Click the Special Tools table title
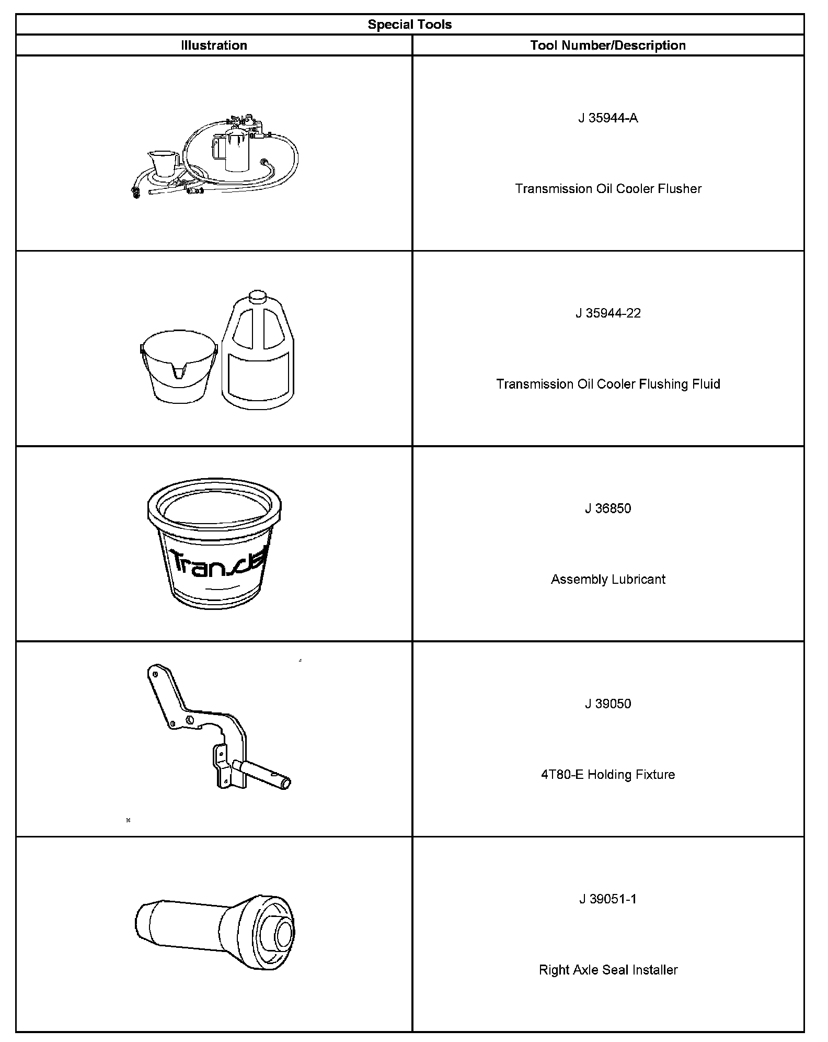coord(409,25)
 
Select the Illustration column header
coord(214,46)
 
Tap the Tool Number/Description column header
coord(607,46)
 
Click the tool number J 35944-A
coord(608,118)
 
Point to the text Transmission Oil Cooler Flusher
coord(608,189)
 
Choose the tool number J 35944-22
coord(608,313)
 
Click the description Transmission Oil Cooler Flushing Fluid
coord(608,384)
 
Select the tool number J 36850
coord(608,508)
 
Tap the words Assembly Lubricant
coord(608,580)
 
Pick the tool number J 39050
coord(608,704)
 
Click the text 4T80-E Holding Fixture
coord(608,775)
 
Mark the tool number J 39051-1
coord(608,899)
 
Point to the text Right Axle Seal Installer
coord(608,970)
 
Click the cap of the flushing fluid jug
coord(257,296)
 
